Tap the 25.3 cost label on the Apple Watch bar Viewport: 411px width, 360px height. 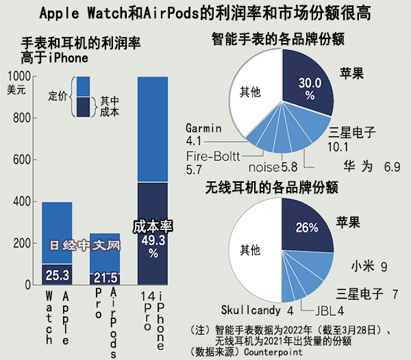click(x=57, y=274)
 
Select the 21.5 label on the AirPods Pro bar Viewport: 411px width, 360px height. click(x=105, y=277)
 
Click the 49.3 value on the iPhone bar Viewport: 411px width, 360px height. click(x=153, y=240)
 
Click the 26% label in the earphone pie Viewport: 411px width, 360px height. click(x=306, y=227)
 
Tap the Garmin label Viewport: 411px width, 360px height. click(x=204, y=128)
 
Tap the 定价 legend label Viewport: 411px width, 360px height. click(x=59, y=96)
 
